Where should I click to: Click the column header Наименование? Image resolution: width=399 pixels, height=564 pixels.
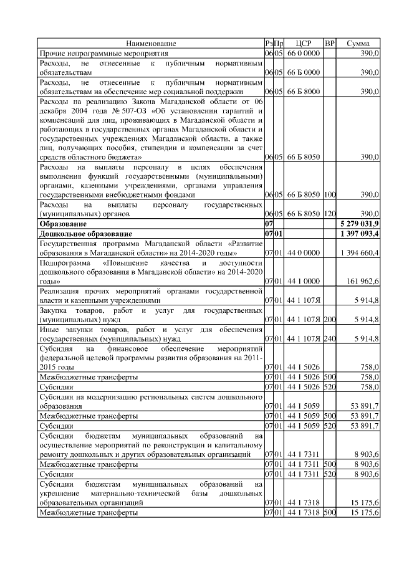pos(151,43)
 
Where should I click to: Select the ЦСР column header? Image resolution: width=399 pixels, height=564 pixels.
pos(304,43)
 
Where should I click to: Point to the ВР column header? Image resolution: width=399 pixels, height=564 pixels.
pos(330,43)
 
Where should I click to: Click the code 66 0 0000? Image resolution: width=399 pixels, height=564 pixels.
pos(304,54)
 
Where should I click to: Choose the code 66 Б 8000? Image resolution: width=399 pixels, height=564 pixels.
pos(304,91)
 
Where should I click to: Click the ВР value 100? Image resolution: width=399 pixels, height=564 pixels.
pos(330,194)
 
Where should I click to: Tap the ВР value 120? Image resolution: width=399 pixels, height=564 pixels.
pos(330,213)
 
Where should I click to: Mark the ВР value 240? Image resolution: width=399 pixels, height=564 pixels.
pos(330,338)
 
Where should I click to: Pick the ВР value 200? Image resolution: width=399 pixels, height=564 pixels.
pos(330,319)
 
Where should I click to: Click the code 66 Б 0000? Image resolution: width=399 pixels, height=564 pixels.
pos(304,72)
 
